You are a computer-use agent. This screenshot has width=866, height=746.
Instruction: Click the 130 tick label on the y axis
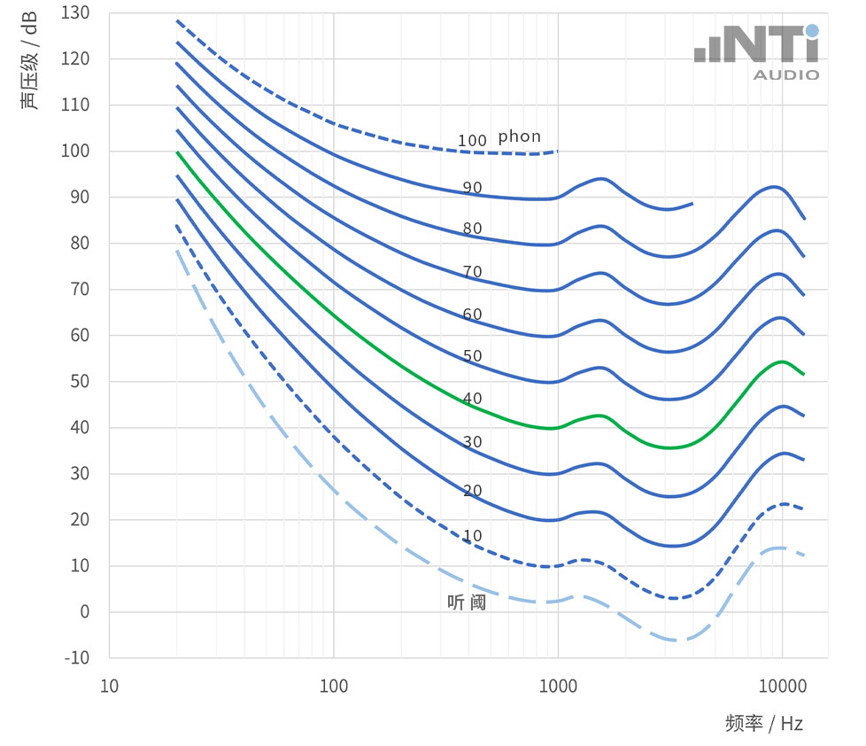coord(75,13)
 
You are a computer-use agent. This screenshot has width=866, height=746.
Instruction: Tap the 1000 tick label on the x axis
coord(558,687)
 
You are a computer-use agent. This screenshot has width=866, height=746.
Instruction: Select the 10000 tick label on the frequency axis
coord(782,687)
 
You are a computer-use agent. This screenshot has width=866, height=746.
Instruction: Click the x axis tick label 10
coord(109,687)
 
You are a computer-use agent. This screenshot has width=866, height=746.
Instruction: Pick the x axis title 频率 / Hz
coord(763,723)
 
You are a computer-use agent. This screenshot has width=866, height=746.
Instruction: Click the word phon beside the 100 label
coord(519,136)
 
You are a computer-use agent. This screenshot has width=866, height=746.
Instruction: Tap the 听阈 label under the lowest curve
coord(467,602)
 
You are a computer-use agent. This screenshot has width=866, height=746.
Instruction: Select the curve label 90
coord(472,187)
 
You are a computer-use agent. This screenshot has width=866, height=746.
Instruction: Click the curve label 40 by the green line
coord(472,399)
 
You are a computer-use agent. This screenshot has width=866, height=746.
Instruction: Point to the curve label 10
coord(472,536)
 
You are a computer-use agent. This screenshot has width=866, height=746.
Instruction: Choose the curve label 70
coord(472,272)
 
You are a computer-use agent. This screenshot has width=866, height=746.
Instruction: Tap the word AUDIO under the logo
coord(786,75)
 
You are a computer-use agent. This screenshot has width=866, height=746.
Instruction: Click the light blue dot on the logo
coord(812,30)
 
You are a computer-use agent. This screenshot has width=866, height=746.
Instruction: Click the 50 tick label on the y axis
coord(78,382)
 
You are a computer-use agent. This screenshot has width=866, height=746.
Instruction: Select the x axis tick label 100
coord(333,687)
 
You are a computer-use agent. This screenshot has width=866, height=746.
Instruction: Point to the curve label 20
coord(472,491)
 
